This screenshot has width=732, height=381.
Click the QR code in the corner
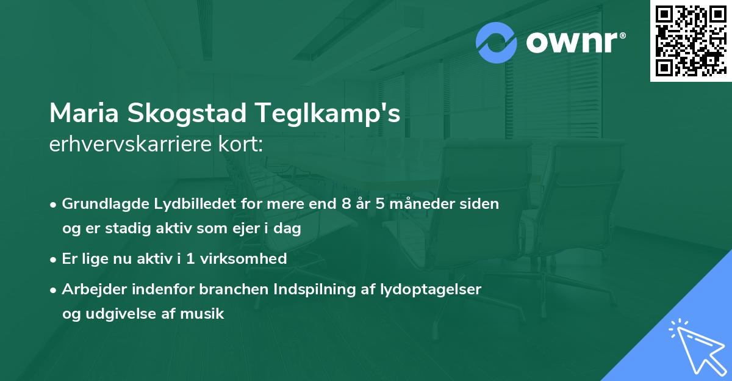(691, 41)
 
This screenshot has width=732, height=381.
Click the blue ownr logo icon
(497, 43)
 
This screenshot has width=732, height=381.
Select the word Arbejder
(91, 289)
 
